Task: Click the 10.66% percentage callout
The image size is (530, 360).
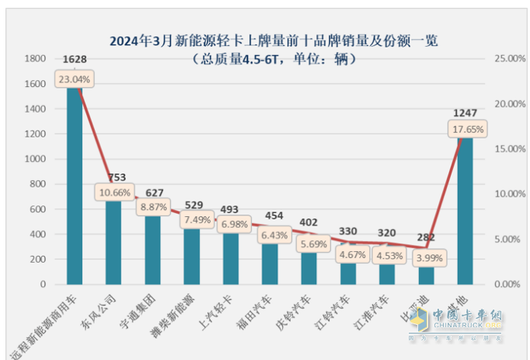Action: point(114,191)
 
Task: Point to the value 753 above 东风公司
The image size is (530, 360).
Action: point(114,175)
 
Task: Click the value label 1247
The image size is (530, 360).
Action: point(465,113)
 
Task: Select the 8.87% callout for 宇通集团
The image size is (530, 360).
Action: point(153,208)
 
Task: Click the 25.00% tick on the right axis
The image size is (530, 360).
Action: point(500,59)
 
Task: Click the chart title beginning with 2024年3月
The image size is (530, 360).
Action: point(269,39)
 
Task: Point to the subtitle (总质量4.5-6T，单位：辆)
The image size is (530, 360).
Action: point(269,59)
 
